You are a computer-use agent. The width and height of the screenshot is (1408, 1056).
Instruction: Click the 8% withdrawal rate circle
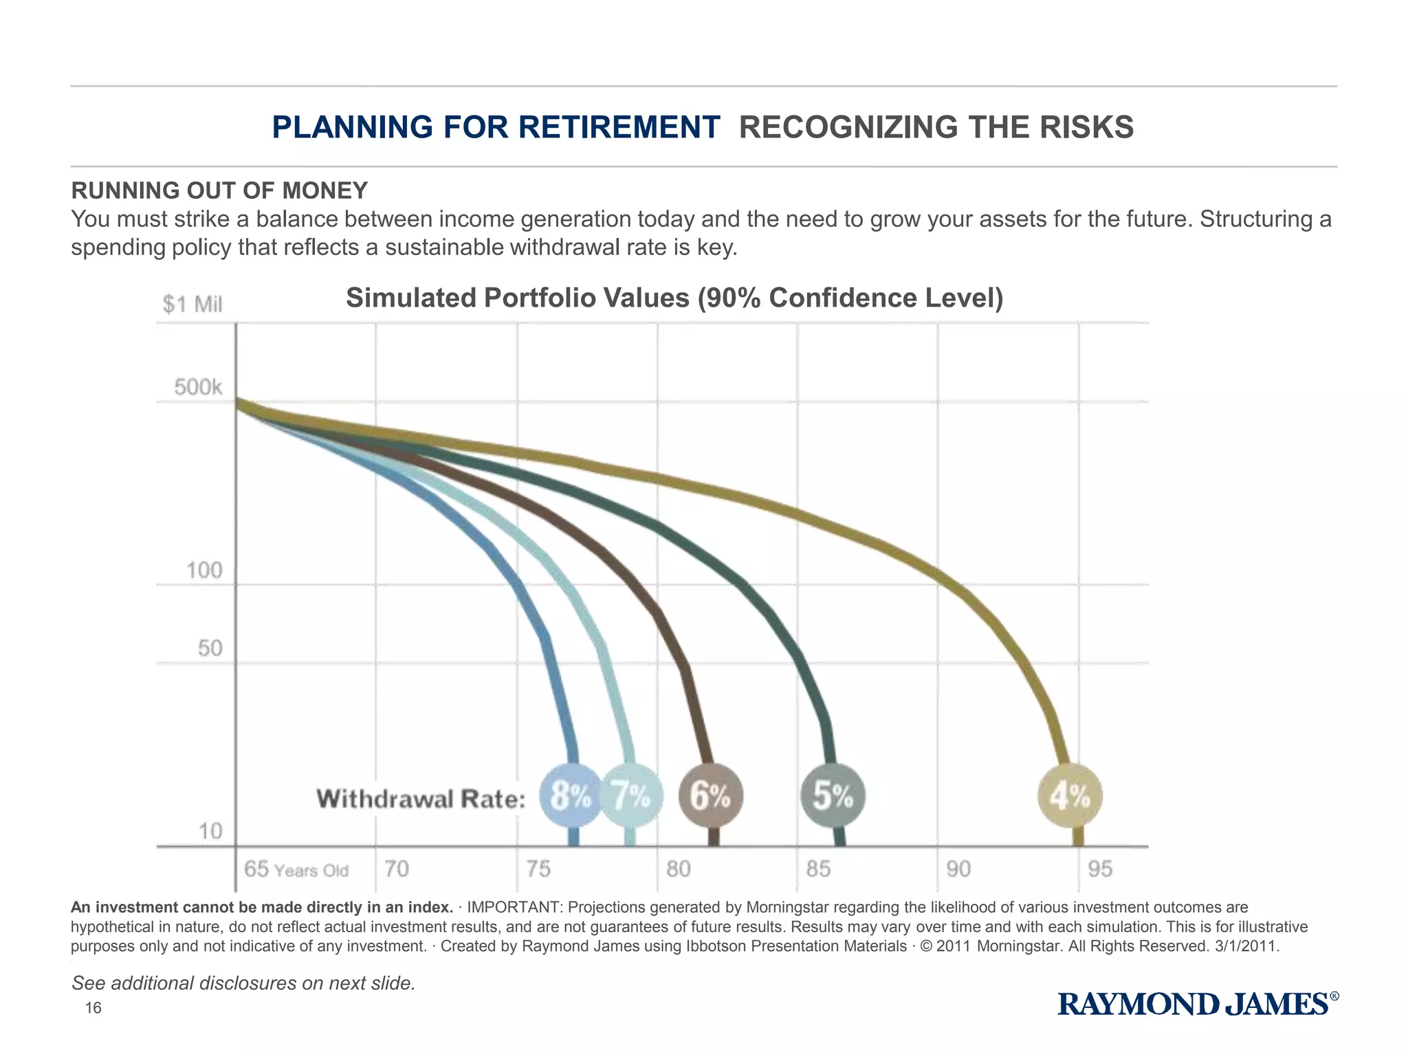tap(571, 795)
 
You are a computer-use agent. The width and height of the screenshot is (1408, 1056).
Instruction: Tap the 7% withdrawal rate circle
tap(632, 795)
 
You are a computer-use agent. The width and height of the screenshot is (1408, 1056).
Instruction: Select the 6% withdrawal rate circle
tap(711, 795)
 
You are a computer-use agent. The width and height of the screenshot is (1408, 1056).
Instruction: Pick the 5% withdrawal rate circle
tap(833, 795)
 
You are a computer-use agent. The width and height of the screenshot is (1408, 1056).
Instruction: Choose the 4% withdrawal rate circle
tap(1070, 796)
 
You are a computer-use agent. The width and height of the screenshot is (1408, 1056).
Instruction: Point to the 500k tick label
tap(198, 387)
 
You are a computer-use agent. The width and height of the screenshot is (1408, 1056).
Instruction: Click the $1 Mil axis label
tap(192, 304)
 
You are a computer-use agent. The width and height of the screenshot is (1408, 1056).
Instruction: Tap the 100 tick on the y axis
tap(205, 570)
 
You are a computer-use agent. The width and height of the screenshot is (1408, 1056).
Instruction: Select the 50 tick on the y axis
tap(210, 648)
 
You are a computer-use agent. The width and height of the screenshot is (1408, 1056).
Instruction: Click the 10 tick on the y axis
tap(211, 831)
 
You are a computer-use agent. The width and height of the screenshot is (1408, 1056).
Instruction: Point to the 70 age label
tap(397, 869)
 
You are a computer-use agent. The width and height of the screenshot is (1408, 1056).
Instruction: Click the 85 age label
tap(818, 869)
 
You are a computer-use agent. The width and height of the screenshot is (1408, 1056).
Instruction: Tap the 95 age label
tap(1100, 869)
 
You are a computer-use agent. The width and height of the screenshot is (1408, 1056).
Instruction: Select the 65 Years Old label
tap(296, 869)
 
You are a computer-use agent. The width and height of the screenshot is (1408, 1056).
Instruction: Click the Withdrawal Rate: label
tap(421, 799)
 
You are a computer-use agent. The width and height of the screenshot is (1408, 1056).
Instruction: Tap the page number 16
tap(93, 1008)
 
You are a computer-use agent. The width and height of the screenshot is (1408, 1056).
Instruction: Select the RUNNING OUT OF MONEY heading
tap(219, 190)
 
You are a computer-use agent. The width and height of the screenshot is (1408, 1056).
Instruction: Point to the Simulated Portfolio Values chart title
tap(674, 298)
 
